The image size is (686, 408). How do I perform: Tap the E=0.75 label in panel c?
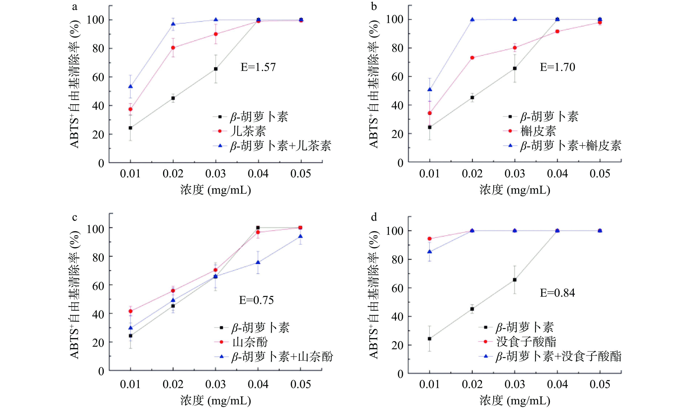(256, 300)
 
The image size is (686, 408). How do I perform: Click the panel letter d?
(374, 217)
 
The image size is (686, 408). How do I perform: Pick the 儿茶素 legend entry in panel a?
(248, 131)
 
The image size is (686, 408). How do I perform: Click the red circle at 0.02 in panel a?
(173, 48)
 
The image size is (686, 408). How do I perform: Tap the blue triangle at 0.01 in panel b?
(430, 89)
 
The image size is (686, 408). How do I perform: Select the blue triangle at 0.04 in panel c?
(258, 263)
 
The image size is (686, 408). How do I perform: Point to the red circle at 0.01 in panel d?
(430, 239)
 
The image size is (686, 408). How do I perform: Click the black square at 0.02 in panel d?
(472, 309)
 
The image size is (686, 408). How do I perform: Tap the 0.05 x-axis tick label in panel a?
(301, 174)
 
